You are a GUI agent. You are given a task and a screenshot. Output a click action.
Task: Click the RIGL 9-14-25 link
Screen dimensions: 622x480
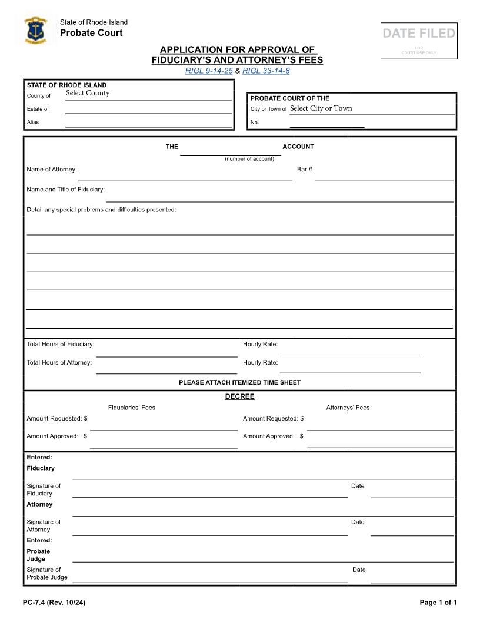pos(209,71)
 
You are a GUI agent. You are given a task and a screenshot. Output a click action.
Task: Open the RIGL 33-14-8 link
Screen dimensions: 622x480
pos(266,71)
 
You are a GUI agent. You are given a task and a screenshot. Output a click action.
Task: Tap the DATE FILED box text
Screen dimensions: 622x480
pos(419,34)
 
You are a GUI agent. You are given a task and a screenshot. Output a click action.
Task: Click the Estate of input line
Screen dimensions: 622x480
pos(148,109)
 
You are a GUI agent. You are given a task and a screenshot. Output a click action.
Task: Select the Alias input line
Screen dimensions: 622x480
pos(148,123)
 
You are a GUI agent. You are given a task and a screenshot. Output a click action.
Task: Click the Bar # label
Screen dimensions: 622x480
pos(304,170)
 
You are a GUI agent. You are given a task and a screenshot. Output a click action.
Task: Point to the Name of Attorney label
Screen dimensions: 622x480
pos(52,170)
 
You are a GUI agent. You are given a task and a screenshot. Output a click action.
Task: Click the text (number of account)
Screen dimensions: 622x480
pos(249,158)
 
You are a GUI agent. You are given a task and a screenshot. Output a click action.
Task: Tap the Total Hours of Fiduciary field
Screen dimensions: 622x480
pos(166,352)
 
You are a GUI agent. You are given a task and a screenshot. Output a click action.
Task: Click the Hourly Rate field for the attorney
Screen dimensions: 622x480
pos(350,369)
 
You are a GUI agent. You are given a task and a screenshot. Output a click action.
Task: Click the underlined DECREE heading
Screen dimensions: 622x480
pos(239,396)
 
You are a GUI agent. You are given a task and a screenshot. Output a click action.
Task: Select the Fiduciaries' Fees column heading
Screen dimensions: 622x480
pos(132,408)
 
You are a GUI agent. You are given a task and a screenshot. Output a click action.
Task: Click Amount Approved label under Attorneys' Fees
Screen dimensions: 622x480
pos(269,436)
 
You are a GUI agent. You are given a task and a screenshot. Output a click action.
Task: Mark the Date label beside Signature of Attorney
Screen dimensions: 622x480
pos(358,522)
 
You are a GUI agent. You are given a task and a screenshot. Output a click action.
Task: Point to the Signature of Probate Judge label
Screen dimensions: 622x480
pos(47,574)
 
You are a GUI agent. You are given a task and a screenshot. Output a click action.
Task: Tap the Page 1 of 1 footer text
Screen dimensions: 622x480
pos(438,602)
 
